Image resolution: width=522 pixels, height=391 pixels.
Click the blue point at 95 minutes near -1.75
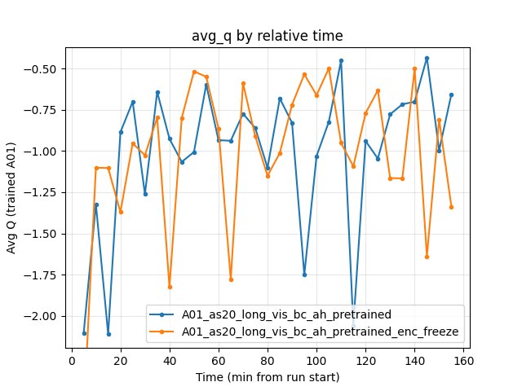[x=304, y=275]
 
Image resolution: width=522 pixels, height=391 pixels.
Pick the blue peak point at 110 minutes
[x=341, y=60]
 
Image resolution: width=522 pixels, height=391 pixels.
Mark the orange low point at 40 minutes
[x=170, y=287]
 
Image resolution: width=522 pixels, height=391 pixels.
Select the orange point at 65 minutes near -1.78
[x=231, y=279]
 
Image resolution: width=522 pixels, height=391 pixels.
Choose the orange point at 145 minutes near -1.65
[x=427, y=257]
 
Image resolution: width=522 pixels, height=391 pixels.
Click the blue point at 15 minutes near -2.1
[x=108, y=334]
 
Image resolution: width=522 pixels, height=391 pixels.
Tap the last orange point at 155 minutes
[x=451, y=207]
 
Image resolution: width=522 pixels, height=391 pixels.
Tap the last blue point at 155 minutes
[x=451, y=94]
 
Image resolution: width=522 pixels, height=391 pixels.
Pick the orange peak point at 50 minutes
[x=194, y=72]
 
